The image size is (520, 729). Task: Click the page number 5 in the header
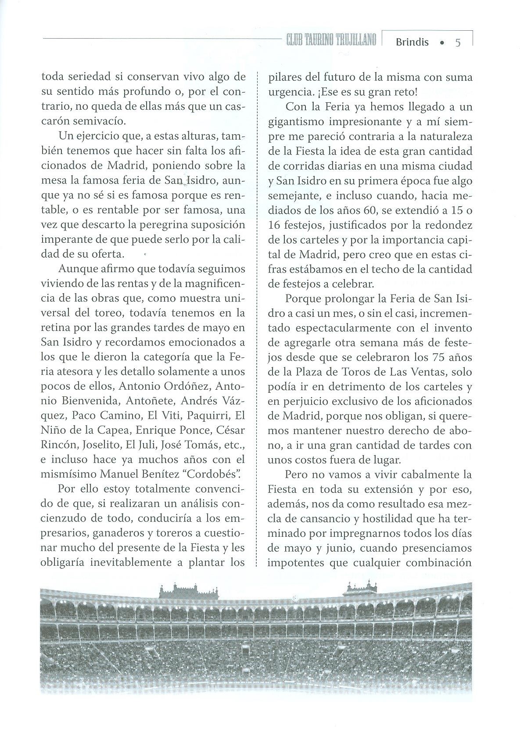[x=458, y=43]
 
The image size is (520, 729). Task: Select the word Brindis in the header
[x=412, y=43]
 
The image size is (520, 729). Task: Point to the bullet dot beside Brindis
[x=442, y=43]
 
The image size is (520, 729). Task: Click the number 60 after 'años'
[x=371, y=210]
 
